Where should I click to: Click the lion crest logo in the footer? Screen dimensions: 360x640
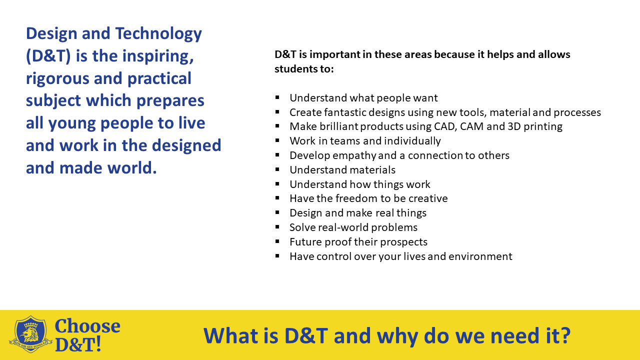31,334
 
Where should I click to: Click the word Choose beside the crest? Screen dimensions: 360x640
87,326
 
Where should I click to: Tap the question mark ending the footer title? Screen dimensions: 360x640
565,335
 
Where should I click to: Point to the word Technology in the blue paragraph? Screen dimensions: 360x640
158,33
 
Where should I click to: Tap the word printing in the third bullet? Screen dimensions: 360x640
541,126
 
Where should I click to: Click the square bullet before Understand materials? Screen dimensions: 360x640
277,170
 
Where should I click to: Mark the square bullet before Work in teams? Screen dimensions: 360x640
277,141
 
